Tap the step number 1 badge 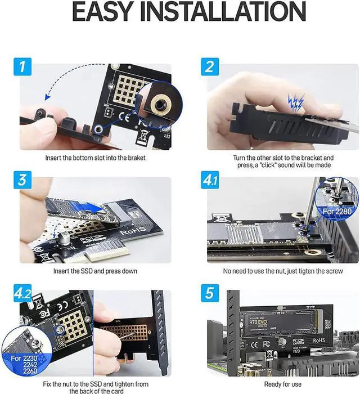click(x=22, y=68)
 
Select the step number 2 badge click(x=209, y=68)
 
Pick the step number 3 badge click(x=21, y=181)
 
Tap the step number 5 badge click(x=209, y=293)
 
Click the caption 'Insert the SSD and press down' click(x=94, y=271)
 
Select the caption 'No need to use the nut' click(x=282, y=271)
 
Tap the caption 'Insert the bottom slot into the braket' click(x=94, y=158)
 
